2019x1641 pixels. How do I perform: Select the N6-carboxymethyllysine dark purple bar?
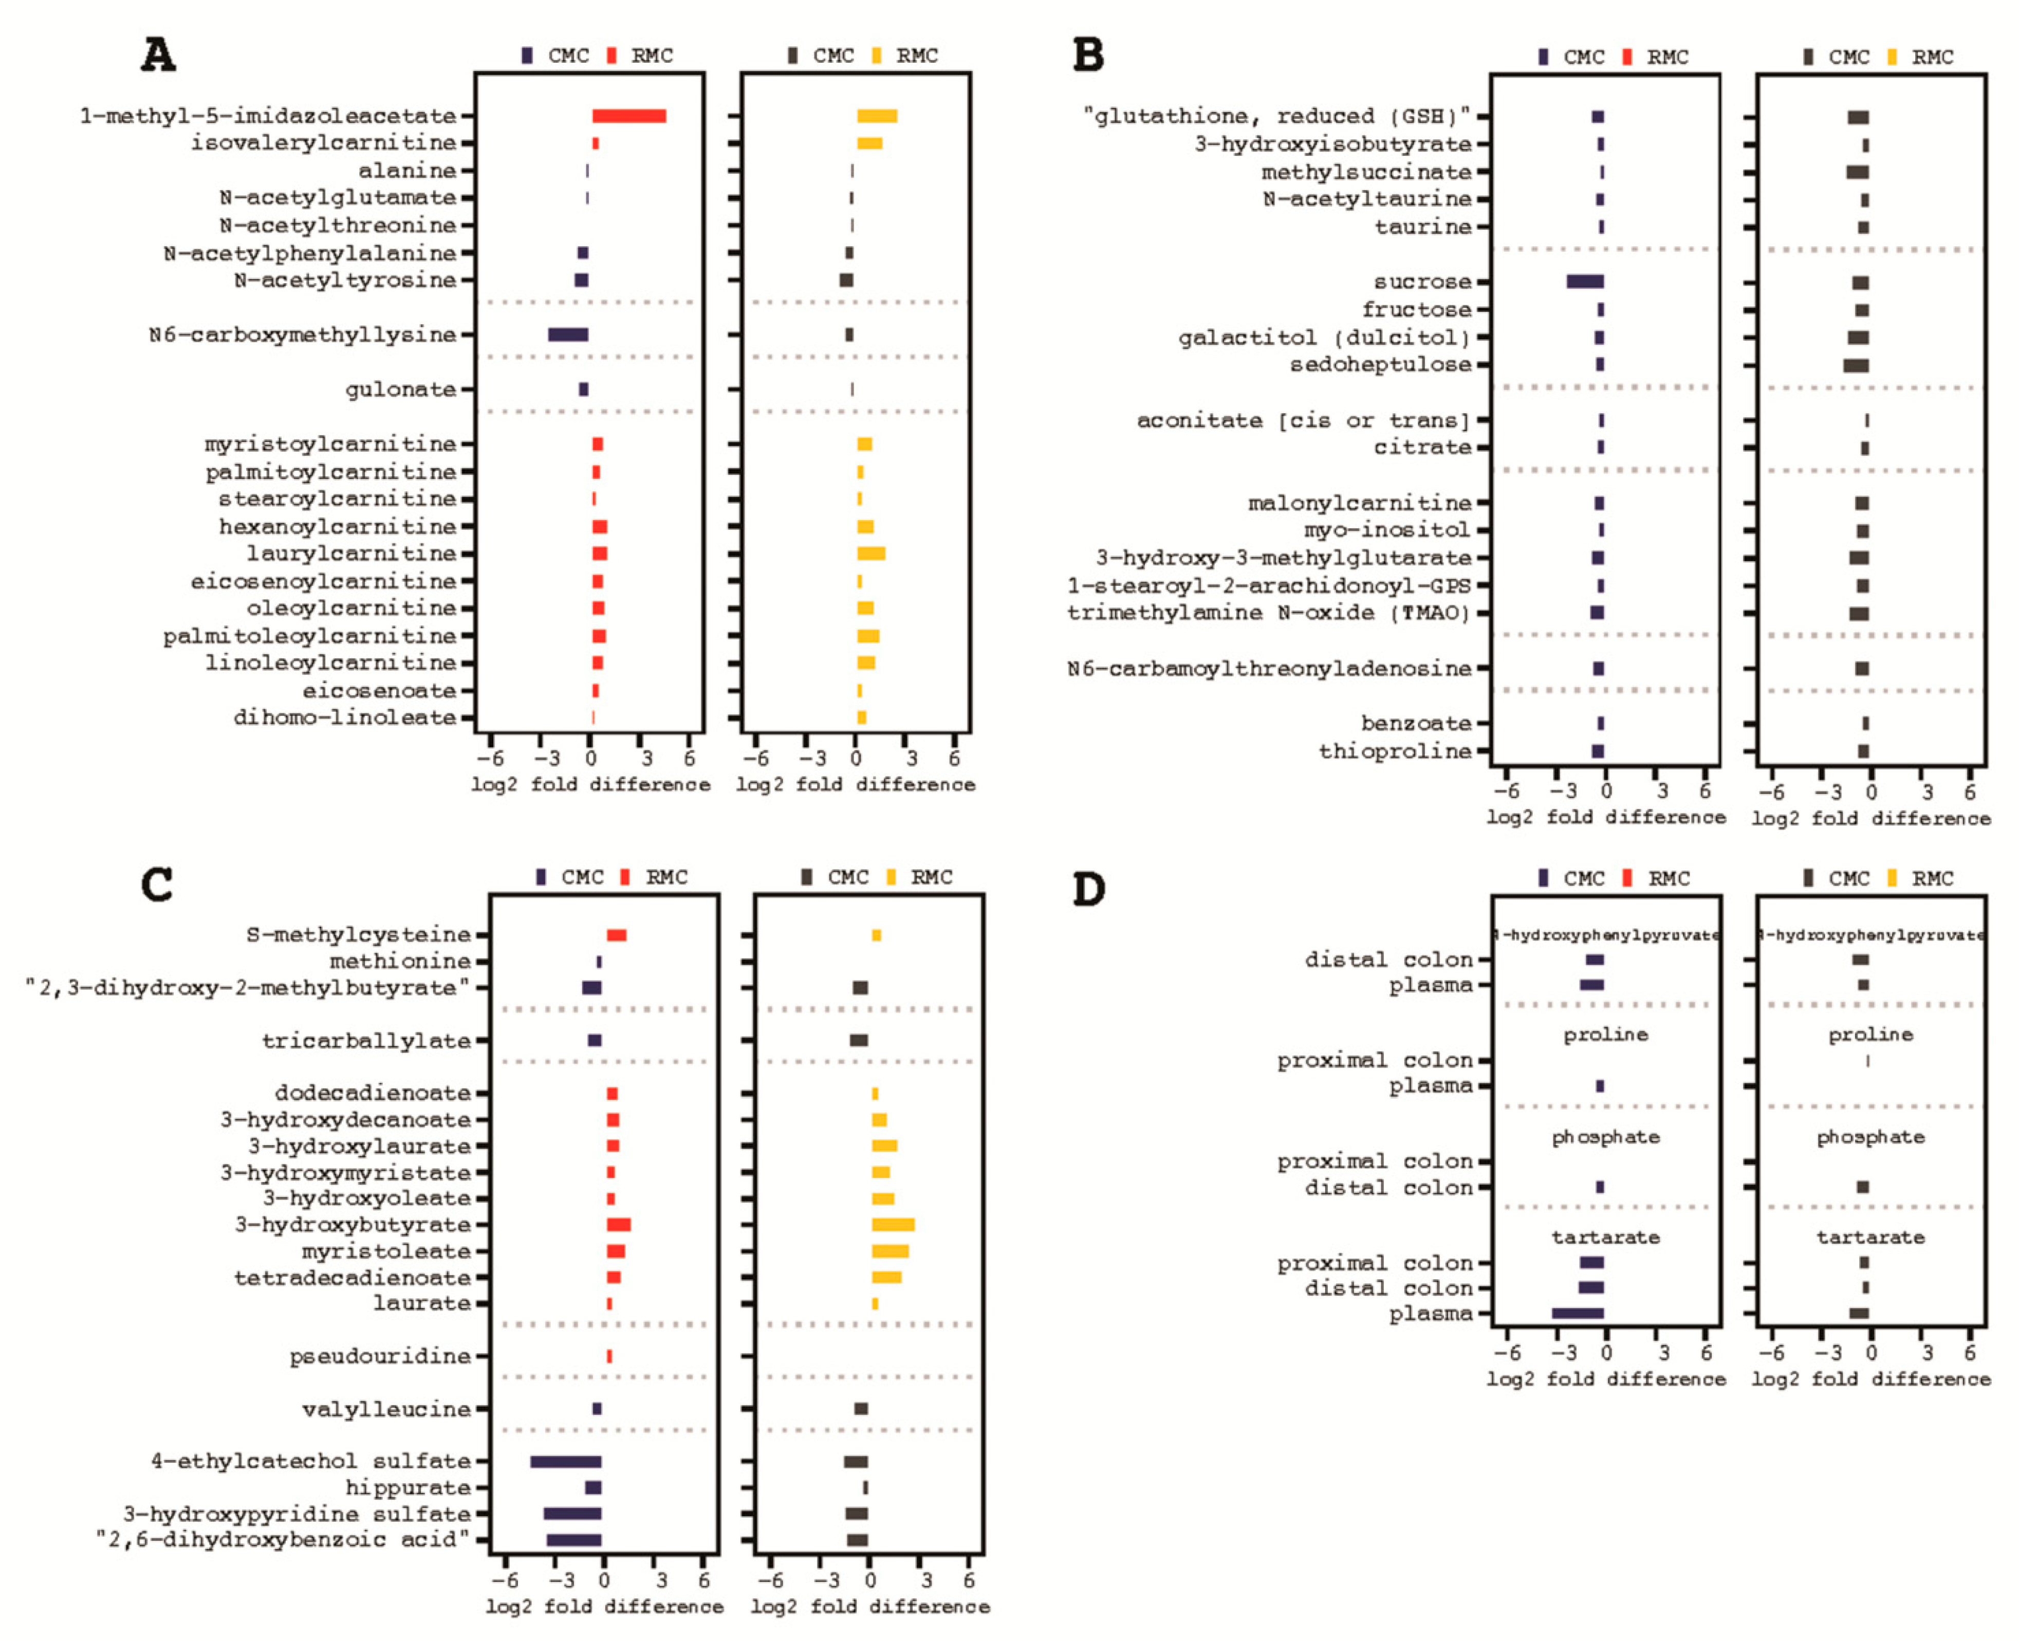pos(568,335)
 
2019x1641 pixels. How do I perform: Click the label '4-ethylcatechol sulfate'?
pos(311,1462)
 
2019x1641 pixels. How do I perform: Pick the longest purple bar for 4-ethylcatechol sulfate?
pos(565,1462)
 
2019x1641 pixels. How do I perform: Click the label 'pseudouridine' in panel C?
pos(380,1356)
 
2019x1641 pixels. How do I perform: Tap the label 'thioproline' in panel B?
pos(1395,751)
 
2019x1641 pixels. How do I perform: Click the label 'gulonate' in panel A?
pos(401,390)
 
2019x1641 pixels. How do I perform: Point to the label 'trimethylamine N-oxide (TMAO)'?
pos(1269,613)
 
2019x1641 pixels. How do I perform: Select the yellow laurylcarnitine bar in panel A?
pos(870,554)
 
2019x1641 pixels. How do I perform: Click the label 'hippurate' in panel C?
pos(407,1488)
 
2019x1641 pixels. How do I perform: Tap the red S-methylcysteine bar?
pos(616,936)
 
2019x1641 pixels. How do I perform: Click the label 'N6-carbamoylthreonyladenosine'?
pos(1269,668)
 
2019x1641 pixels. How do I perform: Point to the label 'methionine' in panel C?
pos(400,962)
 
